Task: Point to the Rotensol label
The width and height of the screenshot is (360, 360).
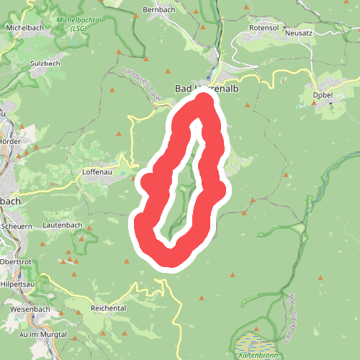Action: tap(263, 27)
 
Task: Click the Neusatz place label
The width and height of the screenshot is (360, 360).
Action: tap(300, 33)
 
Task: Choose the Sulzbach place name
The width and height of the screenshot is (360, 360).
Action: tap(45, 63)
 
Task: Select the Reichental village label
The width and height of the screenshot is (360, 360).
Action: tap(108, 307)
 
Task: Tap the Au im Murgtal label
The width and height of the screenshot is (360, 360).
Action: tap(43, 335)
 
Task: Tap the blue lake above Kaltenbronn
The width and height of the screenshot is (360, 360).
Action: tap(251, 341)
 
